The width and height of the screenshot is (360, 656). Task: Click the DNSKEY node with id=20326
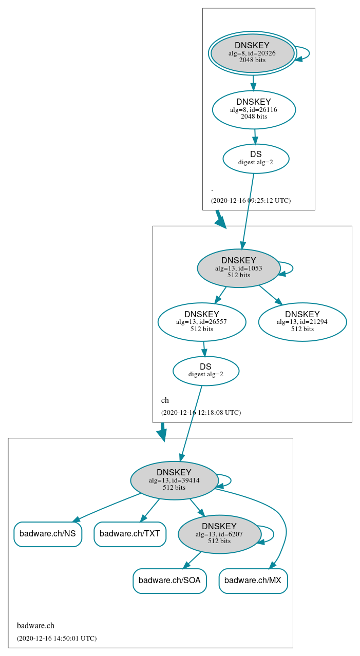(x=252, y=53)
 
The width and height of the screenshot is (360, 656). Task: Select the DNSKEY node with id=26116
(x=254, y=109)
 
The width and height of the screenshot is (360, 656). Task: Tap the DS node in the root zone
(x=256, y=159)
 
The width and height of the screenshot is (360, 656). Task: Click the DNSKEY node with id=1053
(x=238, y=268)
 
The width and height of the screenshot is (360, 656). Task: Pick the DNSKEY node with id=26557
(x=202, y=322)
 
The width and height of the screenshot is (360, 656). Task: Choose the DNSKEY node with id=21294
(x=302, y=322)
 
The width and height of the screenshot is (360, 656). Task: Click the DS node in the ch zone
(x=206, y=371)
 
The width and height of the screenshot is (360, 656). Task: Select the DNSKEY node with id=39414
(x=174, y=480)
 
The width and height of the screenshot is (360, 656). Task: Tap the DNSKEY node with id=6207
(x=219, y=534)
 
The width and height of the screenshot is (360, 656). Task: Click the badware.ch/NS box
(x=48, y=534)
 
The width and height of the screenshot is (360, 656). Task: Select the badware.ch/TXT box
(x=130, y=534)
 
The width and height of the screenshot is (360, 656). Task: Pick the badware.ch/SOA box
(x=169, y=581)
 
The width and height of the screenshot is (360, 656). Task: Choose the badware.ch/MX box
(x=253, y=581)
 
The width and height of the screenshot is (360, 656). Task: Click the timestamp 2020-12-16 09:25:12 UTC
(x=251, y=200)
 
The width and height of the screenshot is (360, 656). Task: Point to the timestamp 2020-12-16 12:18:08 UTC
(x=201, y=412)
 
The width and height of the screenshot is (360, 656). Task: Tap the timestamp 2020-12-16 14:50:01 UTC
(x=56, y=639)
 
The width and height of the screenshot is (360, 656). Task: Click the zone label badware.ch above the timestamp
(x=35, y=625)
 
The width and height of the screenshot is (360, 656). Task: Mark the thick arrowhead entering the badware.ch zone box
(x=162, y=435)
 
